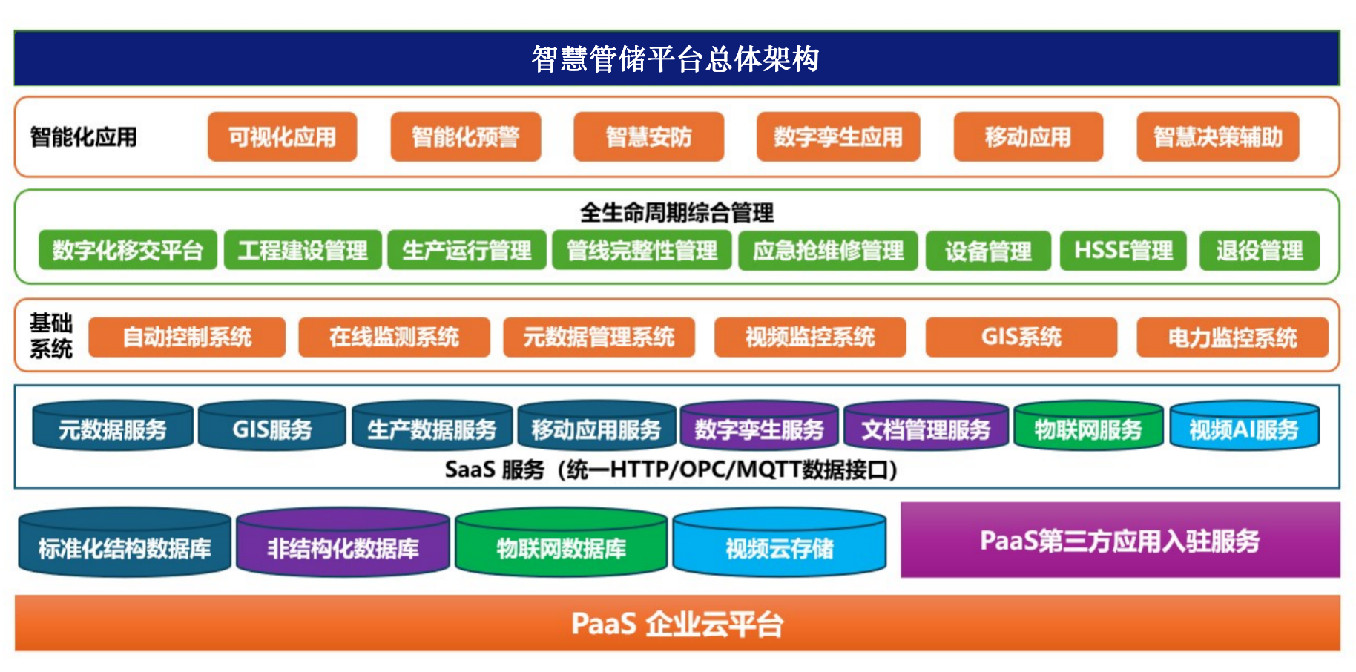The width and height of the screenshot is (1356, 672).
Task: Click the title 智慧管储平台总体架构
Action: [676, 59]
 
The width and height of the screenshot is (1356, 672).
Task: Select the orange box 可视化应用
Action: [282, 136]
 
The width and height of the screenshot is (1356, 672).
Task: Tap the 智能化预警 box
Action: [465, 136]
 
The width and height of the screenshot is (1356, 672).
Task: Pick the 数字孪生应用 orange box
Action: [837, 136]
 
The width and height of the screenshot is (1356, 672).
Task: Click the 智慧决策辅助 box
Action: [1217, 136]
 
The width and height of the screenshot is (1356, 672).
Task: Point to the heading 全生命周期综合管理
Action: [677, 213]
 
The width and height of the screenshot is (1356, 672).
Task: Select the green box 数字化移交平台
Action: [128, 251]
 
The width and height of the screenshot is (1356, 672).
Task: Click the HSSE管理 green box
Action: [1123, 251]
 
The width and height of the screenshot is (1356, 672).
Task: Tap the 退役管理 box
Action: [1259, 251]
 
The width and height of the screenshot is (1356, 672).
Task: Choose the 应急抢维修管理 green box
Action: [828, 251]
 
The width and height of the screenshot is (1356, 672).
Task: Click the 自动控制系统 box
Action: [187, 337]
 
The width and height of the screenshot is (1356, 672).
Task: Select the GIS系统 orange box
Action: [1021, 337]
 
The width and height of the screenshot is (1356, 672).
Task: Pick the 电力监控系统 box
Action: [1232, 337]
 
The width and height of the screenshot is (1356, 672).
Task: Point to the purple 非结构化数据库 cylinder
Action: [343, 547]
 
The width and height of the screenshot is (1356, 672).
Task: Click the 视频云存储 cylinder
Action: [779, 547]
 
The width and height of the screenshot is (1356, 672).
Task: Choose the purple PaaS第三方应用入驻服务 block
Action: [1119, 540]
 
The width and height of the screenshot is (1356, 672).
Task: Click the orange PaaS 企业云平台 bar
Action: [677, 624]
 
